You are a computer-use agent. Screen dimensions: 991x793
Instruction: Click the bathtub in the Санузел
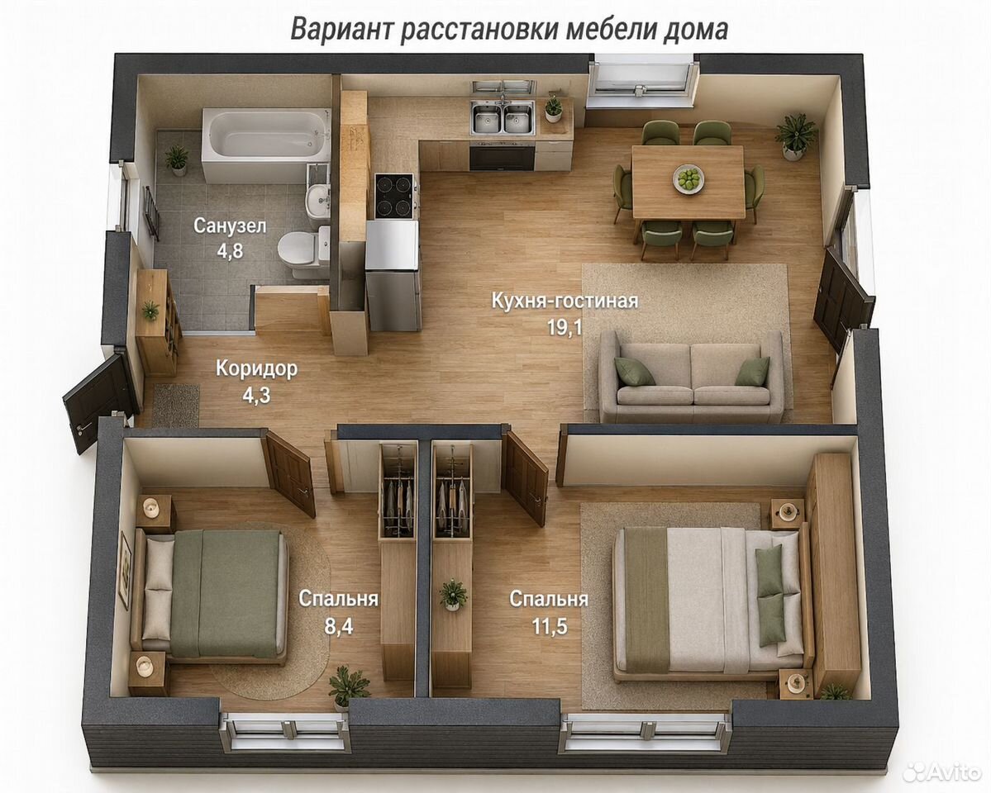(x=266, y=145)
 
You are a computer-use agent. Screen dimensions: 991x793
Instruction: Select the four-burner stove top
(x=395, y=197)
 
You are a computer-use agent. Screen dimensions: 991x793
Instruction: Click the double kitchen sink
(x=503, y=118)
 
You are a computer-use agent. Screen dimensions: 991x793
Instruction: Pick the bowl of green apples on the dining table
(x=688, y=178)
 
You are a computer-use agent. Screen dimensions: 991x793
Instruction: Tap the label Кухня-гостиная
(x=565, y=300)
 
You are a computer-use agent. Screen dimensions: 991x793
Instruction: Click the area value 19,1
(x=565, y=327)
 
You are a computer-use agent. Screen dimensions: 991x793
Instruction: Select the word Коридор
(x=256, y=368)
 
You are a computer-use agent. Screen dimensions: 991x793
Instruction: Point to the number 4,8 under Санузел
(x=230, y=251)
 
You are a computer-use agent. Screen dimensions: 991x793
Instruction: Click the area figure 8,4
(x=339, y=626)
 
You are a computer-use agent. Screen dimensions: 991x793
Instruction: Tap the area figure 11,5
(x=549, y=626)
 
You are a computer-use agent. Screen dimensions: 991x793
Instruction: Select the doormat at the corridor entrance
(x=176, y=405)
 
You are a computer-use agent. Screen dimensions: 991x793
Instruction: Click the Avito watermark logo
(x=941, y=772)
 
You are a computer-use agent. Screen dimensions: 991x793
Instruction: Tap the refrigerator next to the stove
(x=393, y=275)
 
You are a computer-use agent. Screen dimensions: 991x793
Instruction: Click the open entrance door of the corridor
(x=101, y=402)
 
